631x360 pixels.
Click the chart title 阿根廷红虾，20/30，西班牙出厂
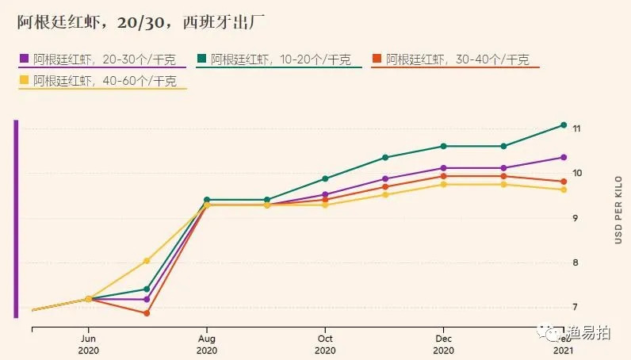125,23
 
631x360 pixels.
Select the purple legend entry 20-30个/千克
102,59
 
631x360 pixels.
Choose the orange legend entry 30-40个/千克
456,59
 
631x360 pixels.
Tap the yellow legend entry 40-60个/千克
102,81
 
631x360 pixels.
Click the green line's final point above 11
564,124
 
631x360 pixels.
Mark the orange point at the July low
147,313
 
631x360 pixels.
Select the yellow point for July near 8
147,260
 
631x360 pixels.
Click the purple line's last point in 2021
564,157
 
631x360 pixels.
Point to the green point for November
385,157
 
